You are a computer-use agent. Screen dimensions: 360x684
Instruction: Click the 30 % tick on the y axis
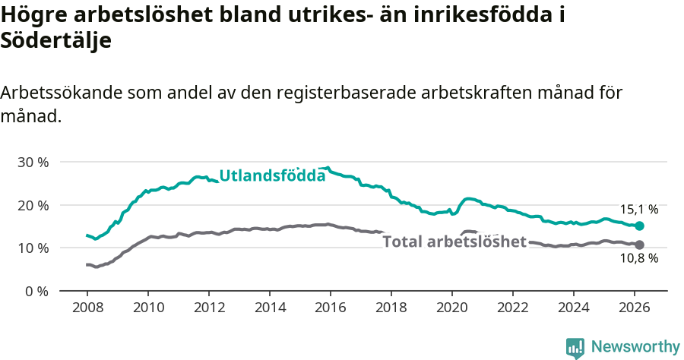[33, 162]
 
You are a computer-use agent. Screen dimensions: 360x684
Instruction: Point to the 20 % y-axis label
[33, 205]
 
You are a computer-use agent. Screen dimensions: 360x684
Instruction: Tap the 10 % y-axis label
[33, 248]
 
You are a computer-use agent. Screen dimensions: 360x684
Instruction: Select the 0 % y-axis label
[37, 291]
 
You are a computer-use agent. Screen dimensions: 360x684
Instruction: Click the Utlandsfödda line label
[272, 176]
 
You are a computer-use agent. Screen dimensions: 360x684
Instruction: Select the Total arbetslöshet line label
[454, 242]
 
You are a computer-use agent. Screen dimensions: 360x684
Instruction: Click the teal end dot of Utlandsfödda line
[639, 226]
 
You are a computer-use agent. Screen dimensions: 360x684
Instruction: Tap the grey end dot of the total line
[639, 245]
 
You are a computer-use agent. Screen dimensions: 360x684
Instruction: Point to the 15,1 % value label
[638, 209]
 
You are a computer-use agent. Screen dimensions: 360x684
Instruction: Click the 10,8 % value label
[638, 259]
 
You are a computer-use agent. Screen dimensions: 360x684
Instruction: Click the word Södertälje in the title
[56, 41]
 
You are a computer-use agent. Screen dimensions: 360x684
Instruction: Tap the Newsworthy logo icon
[575, 348]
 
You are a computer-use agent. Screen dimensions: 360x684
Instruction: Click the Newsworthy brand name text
[635, 347]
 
